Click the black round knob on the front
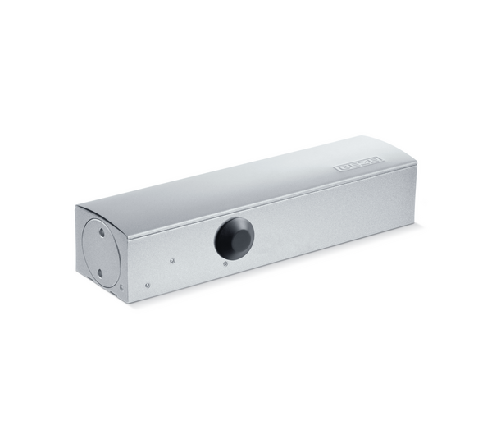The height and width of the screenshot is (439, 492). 235,236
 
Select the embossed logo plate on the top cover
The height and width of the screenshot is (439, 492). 358,164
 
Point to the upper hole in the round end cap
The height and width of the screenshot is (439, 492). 102,233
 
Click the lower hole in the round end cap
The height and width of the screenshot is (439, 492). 100,270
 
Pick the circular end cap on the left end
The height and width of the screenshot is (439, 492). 100,251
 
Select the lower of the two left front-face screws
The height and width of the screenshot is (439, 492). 147,286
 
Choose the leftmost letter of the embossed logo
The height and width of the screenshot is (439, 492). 339,168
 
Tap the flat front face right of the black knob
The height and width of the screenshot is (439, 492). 328,222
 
